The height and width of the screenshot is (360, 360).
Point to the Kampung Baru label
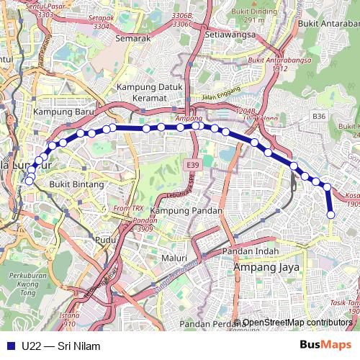[60, 112]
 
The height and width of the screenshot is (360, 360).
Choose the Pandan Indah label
[250, 251]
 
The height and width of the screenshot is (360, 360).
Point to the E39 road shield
[192, 166]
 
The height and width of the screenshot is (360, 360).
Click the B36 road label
[319, 116]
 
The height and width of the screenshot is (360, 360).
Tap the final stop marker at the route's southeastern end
[331, 215]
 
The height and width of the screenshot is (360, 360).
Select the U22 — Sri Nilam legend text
[61, 346]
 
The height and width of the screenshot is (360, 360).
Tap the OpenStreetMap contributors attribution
[297, 322]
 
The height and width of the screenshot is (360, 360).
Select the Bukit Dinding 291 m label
[260, 16]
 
